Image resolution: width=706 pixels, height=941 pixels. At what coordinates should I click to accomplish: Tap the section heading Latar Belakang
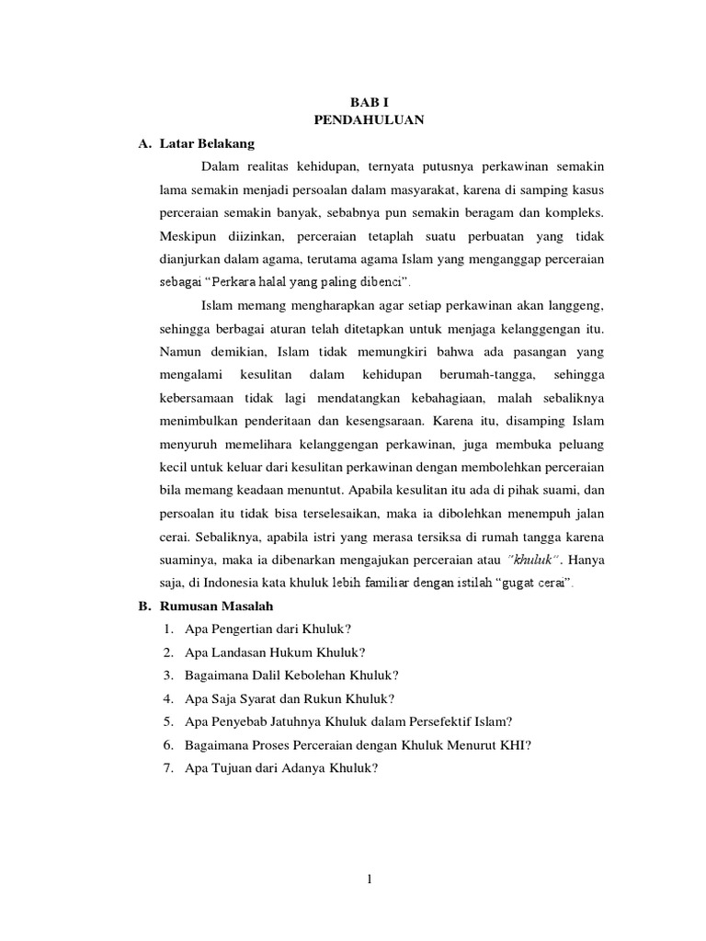pyautogui.click(x=207, y=144)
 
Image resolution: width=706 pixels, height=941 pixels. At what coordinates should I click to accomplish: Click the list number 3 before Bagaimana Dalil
pyautogui.click(x=169, y=675)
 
